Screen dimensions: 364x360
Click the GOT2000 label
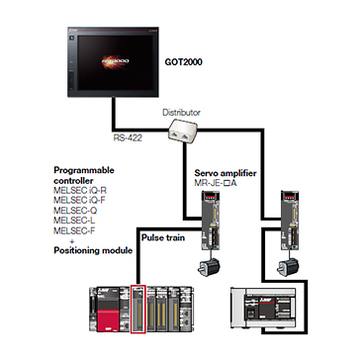click(183, 61)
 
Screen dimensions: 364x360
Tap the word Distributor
click(181, 113)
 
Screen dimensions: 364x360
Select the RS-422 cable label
click(128, 137)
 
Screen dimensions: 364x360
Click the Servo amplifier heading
click(226, 173)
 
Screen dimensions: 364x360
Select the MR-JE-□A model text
click(216, 182)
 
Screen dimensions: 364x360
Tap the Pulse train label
click(163, 237)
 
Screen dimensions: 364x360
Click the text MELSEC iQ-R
click(80, 191)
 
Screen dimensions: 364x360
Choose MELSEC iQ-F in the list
click(80, 200)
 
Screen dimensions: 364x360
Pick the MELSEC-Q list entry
click(75, 210)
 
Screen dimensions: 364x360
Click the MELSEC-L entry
click(74, 221)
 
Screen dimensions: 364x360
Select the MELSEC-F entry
click(74, 230)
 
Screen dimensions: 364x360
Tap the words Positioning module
click(93, 250)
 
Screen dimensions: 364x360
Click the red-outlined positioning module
click(138, 309)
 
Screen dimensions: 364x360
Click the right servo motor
click(289, 266)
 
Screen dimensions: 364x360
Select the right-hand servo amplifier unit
click(289, 220)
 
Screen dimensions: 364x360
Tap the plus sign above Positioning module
click(72, 240)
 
